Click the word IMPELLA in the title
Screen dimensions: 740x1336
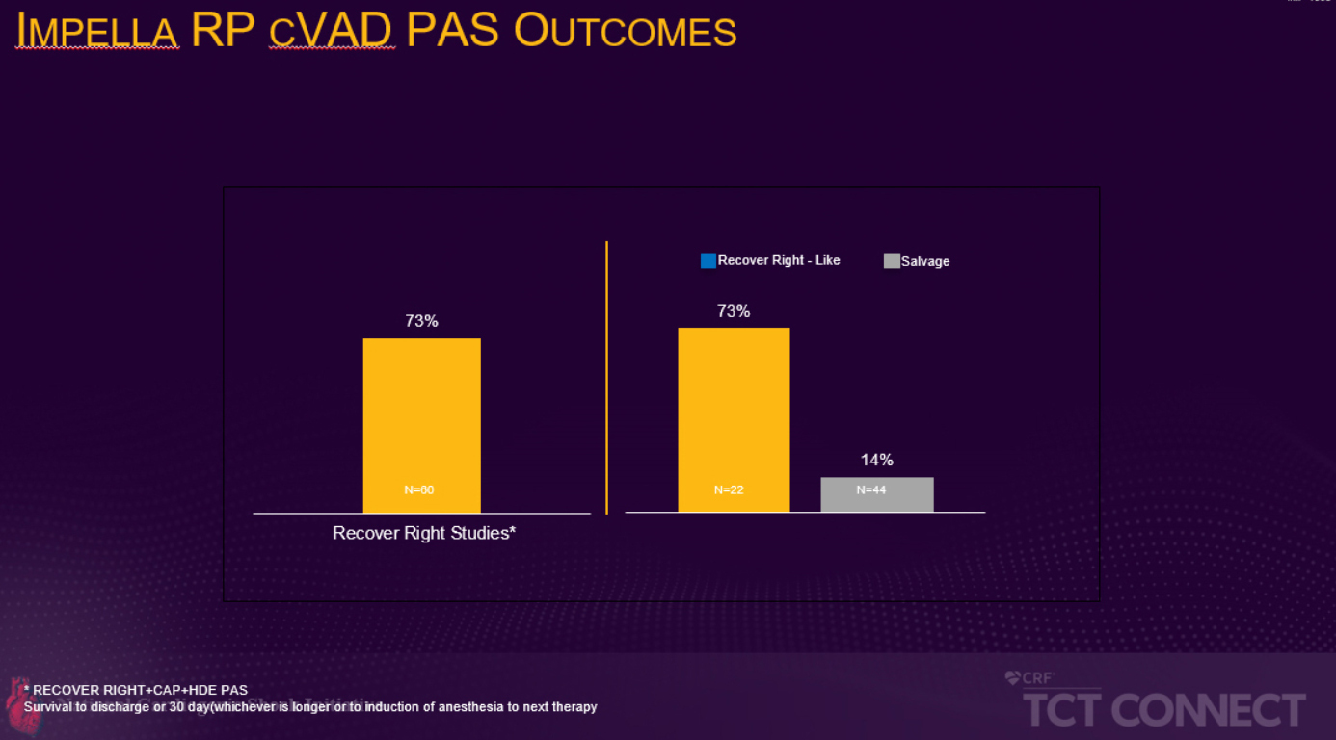(97, 32)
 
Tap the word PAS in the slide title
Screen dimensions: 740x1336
(452, 32)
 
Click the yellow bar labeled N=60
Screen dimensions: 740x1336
(421, 424)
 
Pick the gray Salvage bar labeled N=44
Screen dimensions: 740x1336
(876, 494)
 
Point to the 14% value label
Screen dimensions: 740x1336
(877, 460)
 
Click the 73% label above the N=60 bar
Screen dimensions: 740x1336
(421, 321)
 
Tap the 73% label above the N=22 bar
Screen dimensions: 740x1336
(734, 311)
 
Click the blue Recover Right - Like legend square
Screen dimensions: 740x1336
(708, 261)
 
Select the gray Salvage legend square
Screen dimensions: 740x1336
(892, 261)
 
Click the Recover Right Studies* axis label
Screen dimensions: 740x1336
(424, 533)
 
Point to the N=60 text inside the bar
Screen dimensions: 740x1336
(419, 490)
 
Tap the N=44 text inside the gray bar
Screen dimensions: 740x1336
(871, 490)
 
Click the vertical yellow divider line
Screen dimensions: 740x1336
(606, 376)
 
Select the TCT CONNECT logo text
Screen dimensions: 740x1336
(1163, 710)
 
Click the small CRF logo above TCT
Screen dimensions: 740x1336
(1029, 678)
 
